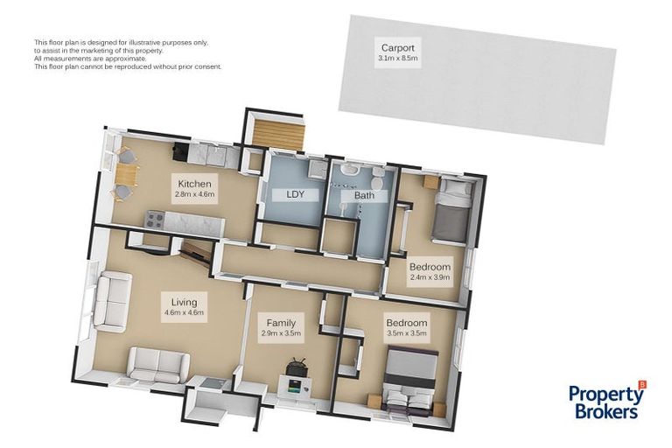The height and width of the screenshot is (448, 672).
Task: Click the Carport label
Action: pos(398,48)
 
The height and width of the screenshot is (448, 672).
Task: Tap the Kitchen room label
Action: pos(194,184)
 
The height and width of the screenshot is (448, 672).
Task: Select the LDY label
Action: pos(295,194)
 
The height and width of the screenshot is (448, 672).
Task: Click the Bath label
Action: pos(364,195)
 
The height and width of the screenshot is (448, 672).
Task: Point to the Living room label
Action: pos(185,302)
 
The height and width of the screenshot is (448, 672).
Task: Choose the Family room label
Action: pos(281,323)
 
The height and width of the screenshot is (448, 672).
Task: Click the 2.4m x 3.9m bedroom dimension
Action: pos(430,277)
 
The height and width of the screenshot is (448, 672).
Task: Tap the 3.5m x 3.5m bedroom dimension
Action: pos(407,332)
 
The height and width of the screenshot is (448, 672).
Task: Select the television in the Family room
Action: pos(297,367)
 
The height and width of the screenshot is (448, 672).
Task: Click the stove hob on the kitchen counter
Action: pos(155,220)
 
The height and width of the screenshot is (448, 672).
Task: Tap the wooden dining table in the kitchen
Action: pos(127,175)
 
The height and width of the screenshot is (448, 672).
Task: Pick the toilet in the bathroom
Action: pos(377,180)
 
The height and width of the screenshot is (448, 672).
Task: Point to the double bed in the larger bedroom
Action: pos(409,382)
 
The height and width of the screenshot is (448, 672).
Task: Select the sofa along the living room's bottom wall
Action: pos(158,364)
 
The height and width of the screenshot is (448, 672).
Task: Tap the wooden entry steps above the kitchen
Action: pos(278,135)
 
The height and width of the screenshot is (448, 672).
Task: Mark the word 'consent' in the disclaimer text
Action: pos(210,66)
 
